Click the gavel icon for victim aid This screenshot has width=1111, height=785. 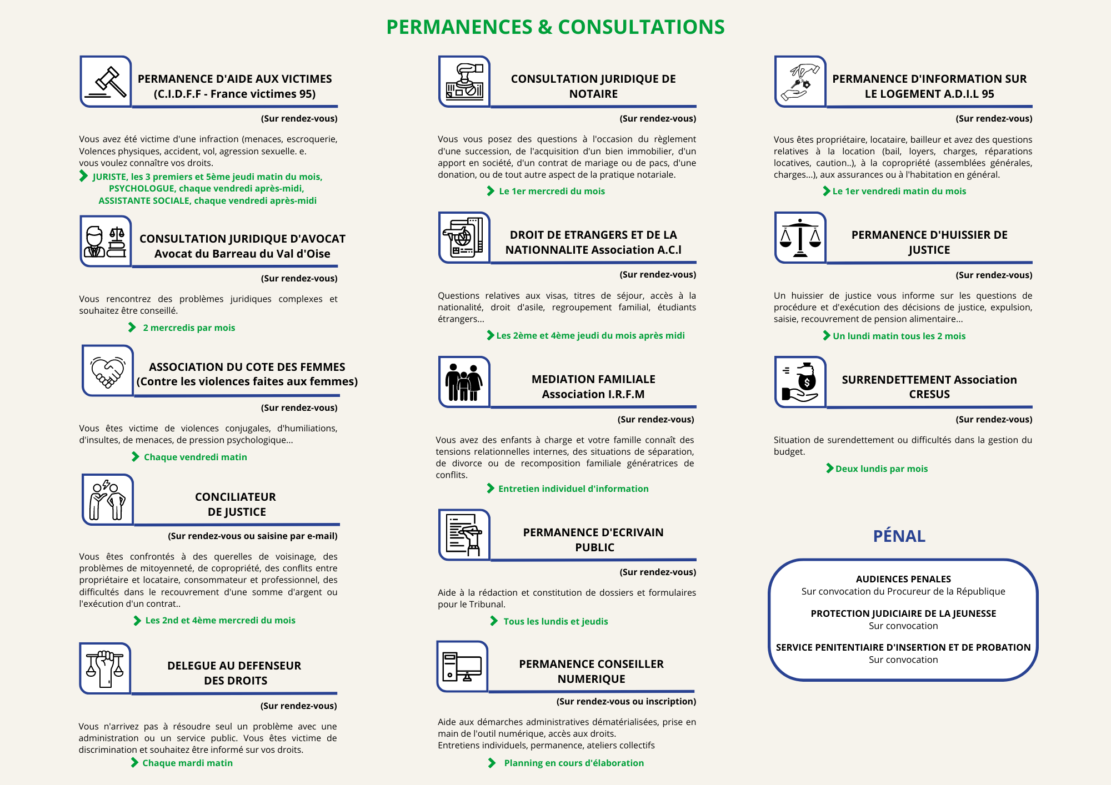point(106,82)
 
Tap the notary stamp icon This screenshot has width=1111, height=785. point(464,82)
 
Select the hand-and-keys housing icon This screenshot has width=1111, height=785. point(800,82)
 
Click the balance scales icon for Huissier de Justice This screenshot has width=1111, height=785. point(800,238)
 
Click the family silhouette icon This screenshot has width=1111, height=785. point(464,382)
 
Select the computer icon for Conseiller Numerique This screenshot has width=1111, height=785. point(462,666)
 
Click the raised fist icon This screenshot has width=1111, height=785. point(105,668)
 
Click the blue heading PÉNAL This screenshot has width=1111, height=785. point(899,536)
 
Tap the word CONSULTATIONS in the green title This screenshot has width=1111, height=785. point(641,27)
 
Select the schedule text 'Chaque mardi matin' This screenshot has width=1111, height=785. point(187,763)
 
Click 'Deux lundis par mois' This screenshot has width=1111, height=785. point(881,469)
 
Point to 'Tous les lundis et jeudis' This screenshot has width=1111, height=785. point(555,621)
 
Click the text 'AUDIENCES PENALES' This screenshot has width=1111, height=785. point(903,579)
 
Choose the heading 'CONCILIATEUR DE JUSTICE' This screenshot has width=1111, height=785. point(236,504)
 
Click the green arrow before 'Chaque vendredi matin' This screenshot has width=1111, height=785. point(136,457)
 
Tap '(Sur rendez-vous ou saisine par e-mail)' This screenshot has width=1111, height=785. point(253,536)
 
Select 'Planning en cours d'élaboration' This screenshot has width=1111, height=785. point(574,763)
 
